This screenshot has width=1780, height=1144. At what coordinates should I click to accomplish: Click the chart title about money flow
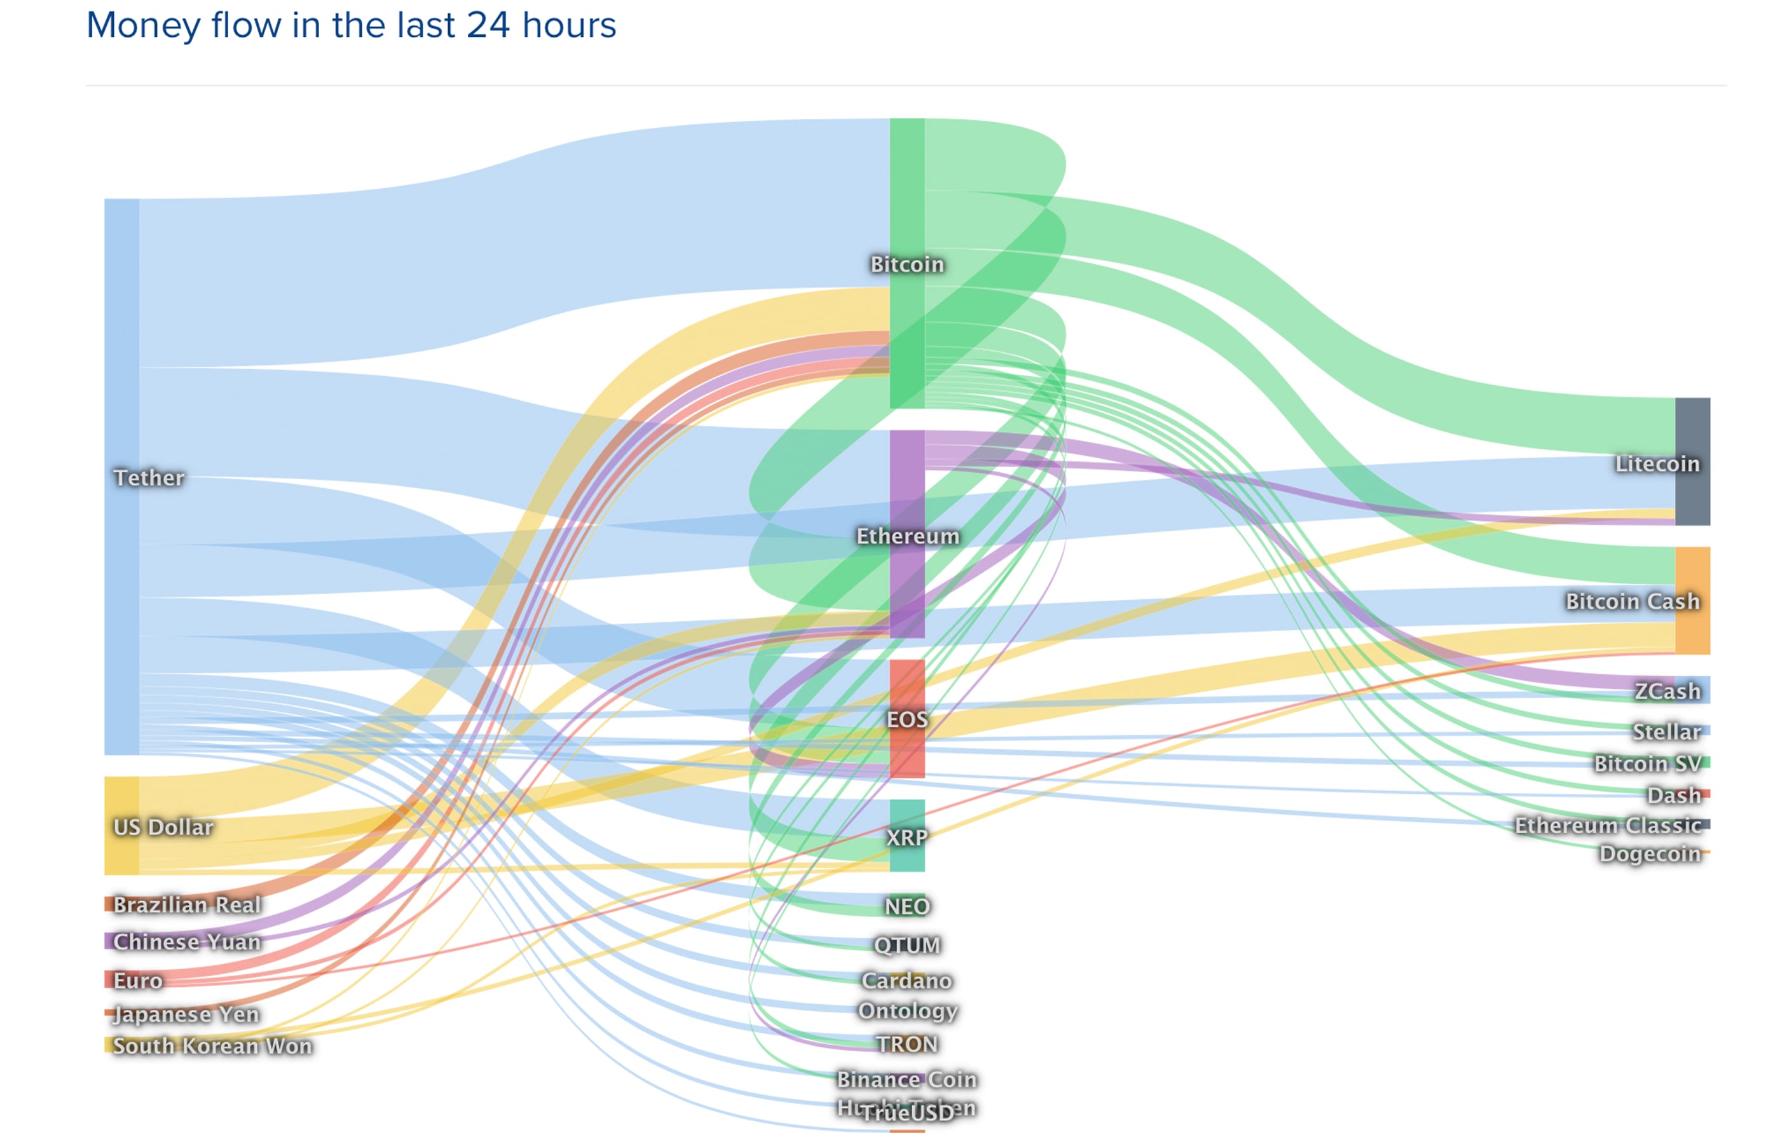pos(351,26)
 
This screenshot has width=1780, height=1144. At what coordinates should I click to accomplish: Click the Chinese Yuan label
pos(187,941)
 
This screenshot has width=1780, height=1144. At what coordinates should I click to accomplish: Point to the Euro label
pos(138,981)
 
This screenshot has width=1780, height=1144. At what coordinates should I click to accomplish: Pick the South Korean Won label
pos(212,1046)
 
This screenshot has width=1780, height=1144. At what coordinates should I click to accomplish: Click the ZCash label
pos(1667,691)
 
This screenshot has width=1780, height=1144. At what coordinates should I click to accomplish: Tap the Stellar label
pos(1666,732)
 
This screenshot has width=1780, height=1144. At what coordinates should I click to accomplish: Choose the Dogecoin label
pos(1649,854)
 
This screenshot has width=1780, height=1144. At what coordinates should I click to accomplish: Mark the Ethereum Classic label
pos(1608,826)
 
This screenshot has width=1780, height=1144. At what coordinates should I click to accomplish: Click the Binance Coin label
pos(907,1079)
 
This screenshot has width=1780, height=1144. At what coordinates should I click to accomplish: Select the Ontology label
pos(907,1011)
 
